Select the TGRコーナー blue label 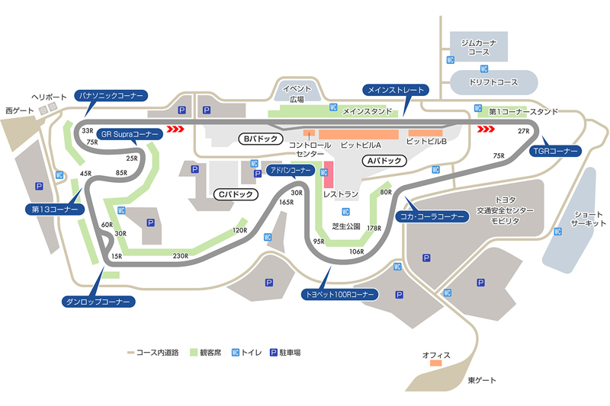[x=555, y=150]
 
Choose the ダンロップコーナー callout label [x=98, y=302]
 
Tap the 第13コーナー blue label [x=54, y=208]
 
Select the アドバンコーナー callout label [x=290, y=170]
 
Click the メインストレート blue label [x=395, y=90]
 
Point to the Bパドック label [x=261, y=139]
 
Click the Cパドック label [x=233, y=194]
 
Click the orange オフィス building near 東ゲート [x=435, y=363]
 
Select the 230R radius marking [x=181, y=256]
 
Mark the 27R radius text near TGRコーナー [x=522, y=132]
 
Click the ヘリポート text [x=50, y=98]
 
